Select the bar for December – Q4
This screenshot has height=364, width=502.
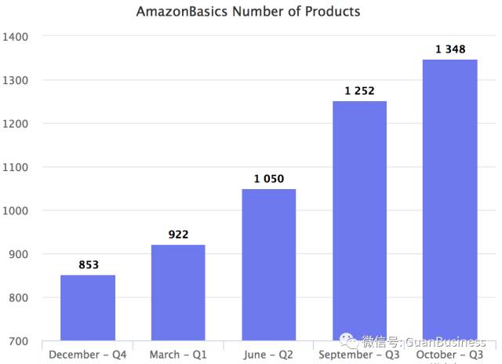click(x=88, y=308)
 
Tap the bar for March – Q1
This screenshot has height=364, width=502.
click(x=178, y=293)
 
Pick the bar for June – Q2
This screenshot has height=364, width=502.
click(x=268, y=264)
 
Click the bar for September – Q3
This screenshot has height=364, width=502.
click(x=359, y=220)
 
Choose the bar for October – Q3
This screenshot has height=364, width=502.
click(x=450, y=200)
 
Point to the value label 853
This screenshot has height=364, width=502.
click(x=89, y=265)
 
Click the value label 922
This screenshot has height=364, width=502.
click(x=178, y=235)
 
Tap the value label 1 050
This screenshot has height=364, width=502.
click(x=268, y=179)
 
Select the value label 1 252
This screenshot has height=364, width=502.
click(x=359, y=91)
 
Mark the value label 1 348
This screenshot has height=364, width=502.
click(x=450, y=49)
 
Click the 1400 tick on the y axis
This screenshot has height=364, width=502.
click(x=16, y=37)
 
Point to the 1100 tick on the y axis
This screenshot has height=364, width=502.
click(x=16, y=167)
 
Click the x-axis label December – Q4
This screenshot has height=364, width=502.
click(x=88, y=355)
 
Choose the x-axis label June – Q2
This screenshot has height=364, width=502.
click(x=268, y=355)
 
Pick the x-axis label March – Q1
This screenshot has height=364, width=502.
click(x=178, y=355)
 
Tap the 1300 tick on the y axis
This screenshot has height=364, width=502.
click(x=16, y=80)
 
